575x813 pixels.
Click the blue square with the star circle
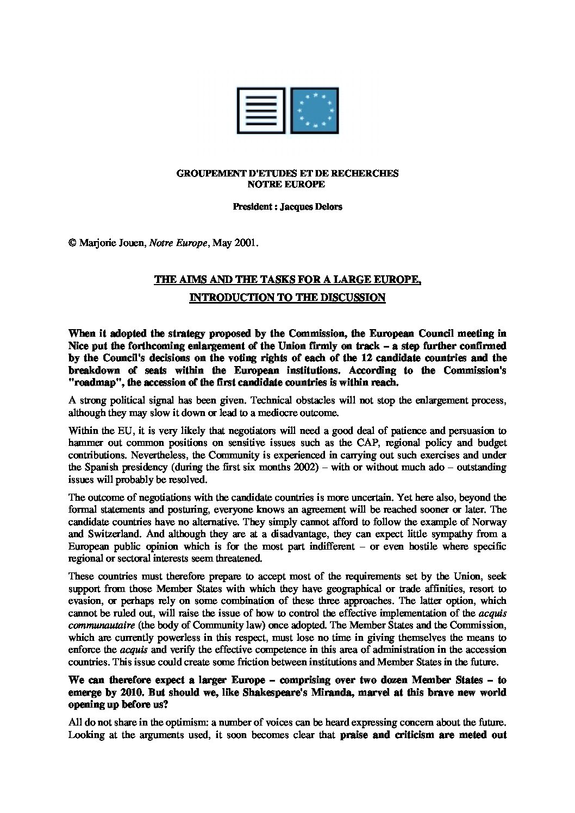coord(316,110)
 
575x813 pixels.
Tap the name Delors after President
coord(326,207)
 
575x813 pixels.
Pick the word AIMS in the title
coord(189,280)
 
